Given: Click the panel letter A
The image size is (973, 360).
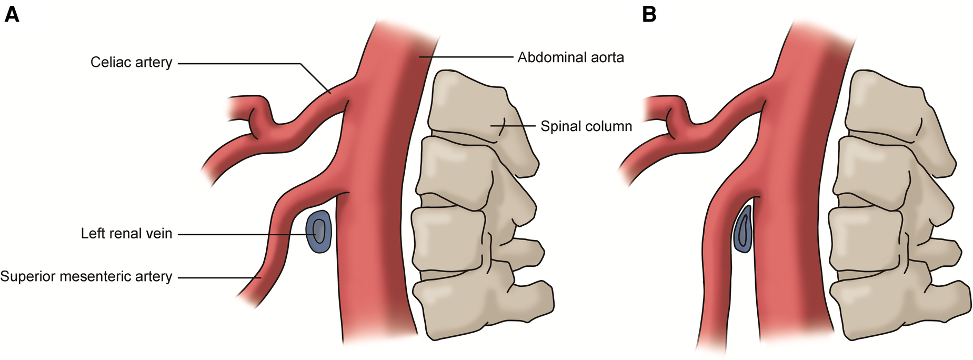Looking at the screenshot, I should [x=12, y=15].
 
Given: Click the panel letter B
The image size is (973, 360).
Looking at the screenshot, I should [x=649, y=15].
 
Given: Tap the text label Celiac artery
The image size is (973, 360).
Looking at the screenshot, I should [x=131, y=63].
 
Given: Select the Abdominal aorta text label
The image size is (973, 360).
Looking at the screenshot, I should [x=570, y=57].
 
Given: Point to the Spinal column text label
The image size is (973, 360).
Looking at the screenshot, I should [x=586, y=126].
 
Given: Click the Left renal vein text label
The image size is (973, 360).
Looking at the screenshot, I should [x=126, y=234].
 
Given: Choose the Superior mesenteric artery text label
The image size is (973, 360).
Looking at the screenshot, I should [x=86, y=276].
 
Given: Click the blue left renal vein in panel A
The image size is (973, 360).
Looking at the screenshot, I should [x=319, y=232].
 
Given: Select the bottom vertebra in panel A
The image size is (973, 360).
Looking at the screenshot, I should [x=474, y=303].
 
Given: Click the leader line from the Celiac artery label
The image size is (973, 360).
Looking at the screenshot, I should [x=237, y=64].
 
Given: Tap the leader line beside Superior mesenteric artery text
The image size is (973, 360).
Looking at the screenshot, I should [x=216, y=277].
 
